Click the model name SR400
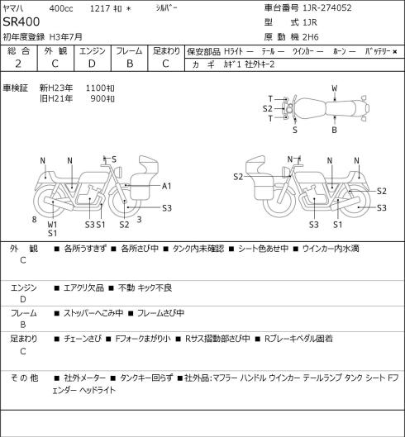[x=21, y=21]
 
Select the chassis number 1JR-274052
[x=327, y=7]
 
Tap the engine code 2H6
[x=311, y=37]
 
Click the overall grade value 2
[x=18, y=64]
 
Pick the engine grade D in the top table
[x=92, y=64]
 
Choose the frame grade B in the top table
[x=130, y=64]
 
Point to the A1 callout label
[x=166, y=186]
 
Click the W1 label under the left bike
[x=52, y=225]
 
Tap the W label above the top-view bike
[x=335, y=88]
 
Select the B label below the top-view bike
[x=334, y=130]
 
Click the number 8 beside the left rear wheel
[x=35, y=220]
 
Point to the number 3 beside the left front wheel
[x=139, y=220]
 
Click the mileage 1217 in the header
[x=100, y=8]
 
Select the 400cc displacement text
[x=61, y=8]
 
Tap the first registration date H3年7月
[x=66, y=37]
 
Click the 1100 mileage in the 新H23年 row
[x=96, y=88]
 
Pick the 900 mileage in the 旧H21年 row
[x=98, y=98]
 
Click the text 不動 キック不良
[x=145, y=288]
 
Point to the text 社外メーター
[x=85, y=378]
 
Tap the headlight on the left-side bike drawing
[x=117, y=171]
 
